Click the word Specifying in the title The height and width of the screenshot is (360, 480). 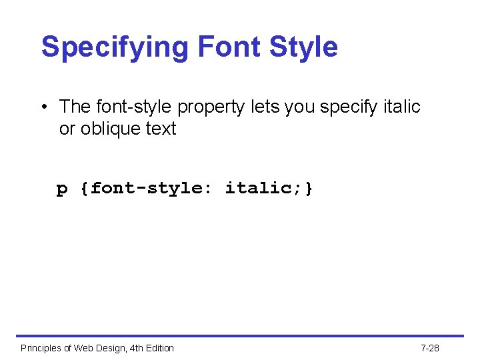115,47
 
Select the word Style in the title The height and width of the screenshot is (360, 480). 303,47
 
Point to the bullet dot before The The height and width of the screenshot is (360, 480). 43,107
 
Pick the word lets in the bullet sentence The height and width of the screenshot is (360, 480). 264,107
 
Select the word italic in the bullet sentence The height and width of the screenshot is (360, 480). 402,107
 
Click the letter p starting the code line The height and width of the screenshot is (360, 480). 62,189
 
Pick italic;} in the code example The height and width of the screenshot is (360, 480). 269,189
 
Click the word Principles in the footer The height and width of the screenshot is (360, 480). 42,348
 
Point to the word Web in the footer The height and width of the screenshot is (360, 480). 84,348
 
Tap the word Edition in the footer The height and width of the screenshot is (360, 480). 160,348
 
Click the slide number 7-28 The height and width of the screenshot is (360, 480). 430,348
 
